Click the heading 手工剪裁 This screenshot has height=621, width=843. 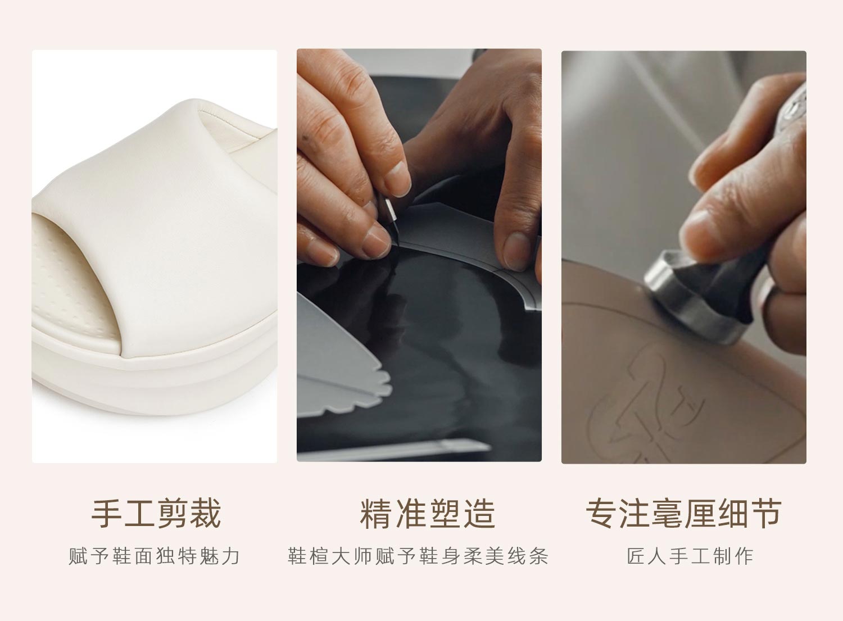[x=156, y=513]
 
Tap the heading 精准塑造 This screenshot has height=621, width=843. [x=428, y=513]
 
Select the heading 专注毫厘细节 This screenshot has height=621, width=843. [x=684, y=513]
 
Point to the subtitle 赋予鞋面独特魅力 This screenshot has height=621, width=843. [x=155, y=556]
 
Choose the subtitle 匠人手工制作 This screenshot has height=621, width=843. [x=690, y=556]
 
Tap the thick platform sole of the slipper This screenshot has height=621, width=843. [x=155, y=380]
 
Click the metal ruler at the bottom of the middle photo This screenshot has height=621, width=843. [x=393, y=450]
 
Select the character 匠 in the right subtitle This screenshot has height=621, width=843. [x=636, y=556]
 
